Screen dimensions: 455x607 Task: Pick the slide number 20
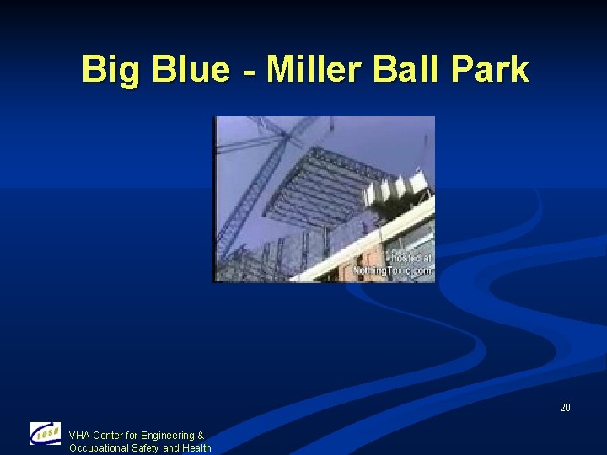565,408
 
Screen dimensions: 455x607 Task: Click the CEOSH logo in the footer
46,434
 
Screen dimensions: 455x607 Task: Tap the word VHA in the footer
79,436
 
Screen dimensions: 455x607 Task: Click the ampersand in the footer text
201,436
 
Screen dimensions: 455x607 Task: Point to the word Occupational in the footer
99,448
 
